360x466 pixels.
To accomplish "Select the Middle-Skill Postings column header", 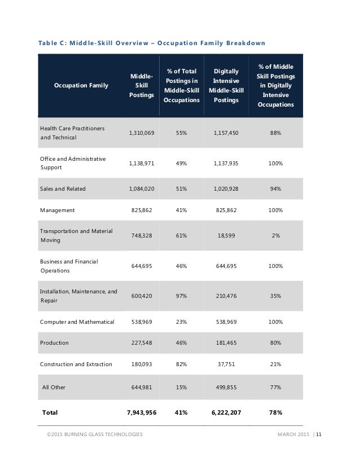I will click(141, 85).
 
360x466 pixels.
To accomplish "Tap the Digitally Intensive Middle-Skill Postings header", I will click(226, 85).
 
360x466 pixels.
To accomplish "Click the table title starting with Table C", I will click(152, 43).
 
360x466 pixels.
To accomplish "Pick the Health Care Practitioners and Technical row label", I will click(72, 133).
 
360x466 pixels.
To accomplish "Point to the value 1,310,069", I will click(142, 133).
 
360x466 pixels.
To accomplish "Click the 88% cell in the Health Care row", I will click(275, 133).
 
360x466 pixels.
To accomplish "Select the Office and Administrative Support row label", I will click(73, 163).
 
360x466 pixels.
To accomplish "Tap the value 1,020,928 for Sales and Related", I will click(226, 188).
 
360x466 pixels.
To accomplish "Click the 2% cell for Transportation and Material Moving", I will click(275, 236).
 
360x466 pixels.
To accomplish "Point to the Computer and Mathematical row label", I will click(77, 322).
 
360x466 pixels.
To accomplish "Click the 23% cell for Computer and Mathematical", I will click(181, 322).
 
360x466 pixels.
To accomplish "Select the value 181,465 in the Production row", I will click(226, 343).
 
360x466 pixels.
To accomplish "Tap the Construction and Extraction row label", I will click(76, 364).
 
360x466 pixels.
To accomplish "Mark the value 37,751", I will click(226, 364).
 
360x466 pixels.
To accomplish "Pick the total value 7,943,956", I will click(142, 413).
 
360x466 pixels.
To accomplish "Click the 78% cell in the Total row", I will click(275, 413).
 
